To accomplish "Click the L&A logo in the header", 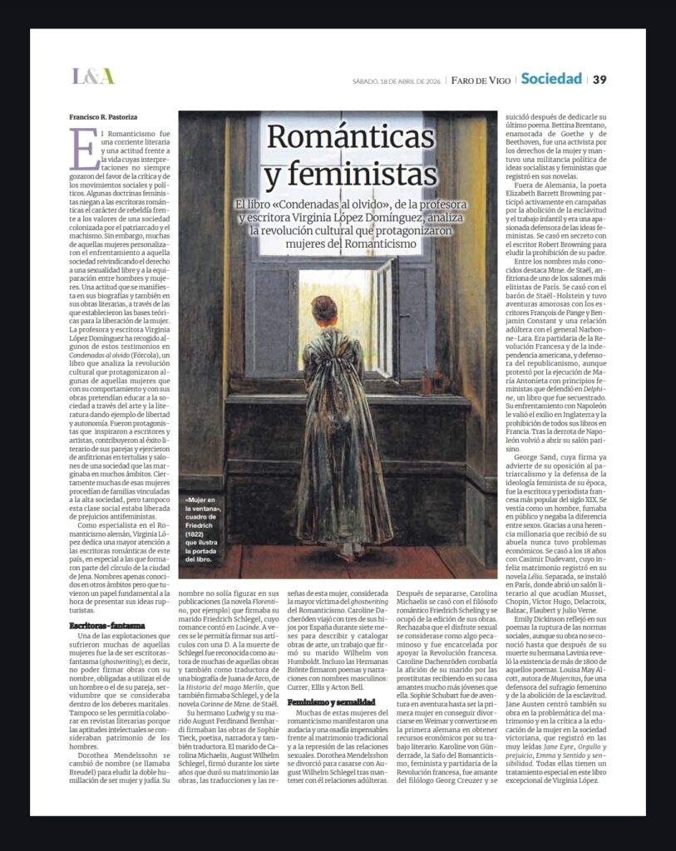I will [92, 76].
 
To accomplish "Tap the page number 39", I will [600, 79].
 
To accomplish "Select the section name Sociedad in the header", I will [550, 79].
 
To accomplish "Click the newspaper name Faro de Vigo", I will [480, 80].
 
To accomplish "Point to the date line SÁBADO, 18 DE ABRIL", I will [397, 81].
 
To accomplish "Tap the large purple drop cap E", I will [79, 150].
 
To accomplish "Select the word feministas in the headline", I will [350, 175].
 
